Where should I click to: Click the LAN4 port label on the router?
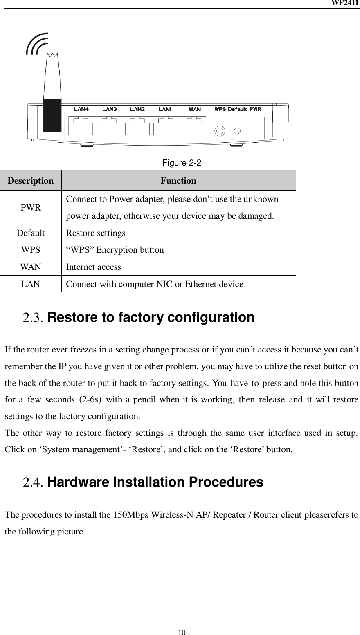(81, 109)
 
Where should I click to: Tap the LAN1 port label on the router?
(165, 109)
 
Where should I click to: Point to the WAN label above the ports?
(195, 109)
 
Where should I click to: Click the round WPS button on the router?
(220, 131)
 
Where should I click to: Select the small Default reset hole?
(237, 131)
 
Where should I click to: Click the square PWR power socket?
(256, 128)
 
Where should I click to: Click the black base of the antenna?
(52, 115)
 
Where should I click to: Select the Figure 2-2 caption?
(182, 163)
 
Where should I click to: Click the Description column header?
(31, 180)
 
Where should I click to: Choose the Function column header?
(178, 180)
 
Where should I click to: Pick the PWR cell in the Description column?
(31, 207)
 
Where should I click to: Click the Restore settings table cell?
(96, 233)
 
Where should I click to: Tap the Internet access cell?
(94, 267)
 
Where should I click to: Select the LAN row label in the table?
(31, 284)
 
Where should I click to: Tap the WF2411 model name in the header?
(349, 3)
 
